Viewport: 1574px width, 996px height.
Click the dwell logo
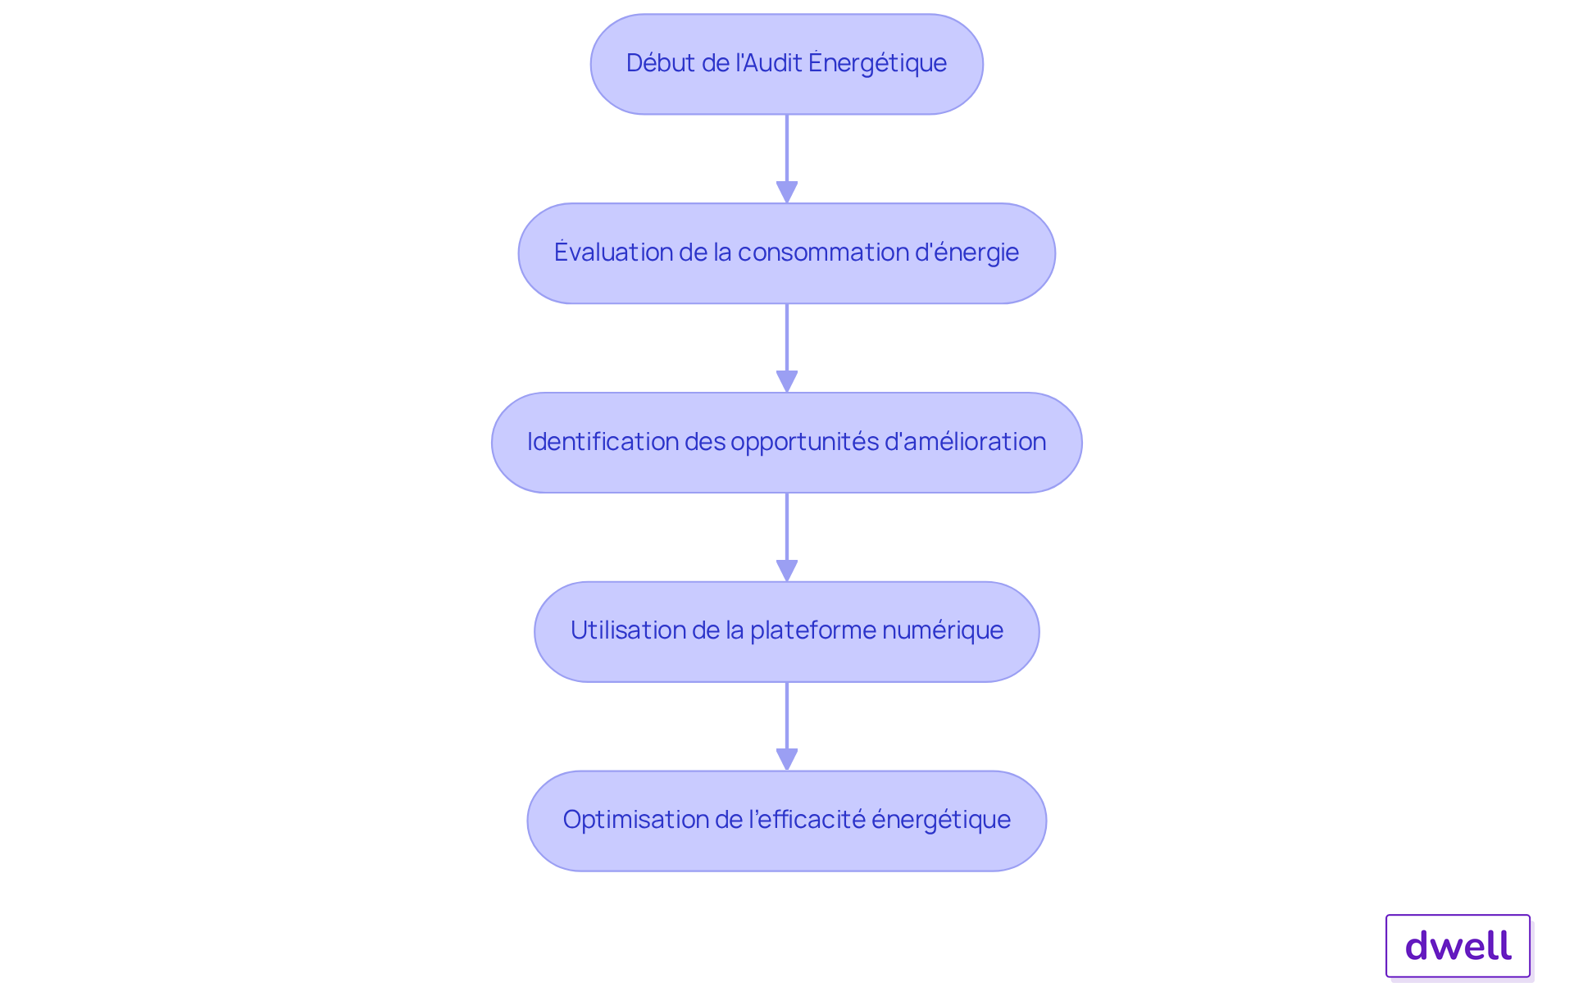1458,946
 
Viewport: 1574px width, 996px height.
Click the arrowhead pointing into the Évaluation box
787,192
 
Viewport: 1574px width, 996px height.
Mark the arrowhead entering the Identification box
787,381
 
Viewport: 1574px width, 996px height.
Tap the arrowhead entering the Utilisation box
787,571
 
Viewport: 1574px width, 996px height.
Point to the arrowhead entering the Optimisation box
787,759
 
